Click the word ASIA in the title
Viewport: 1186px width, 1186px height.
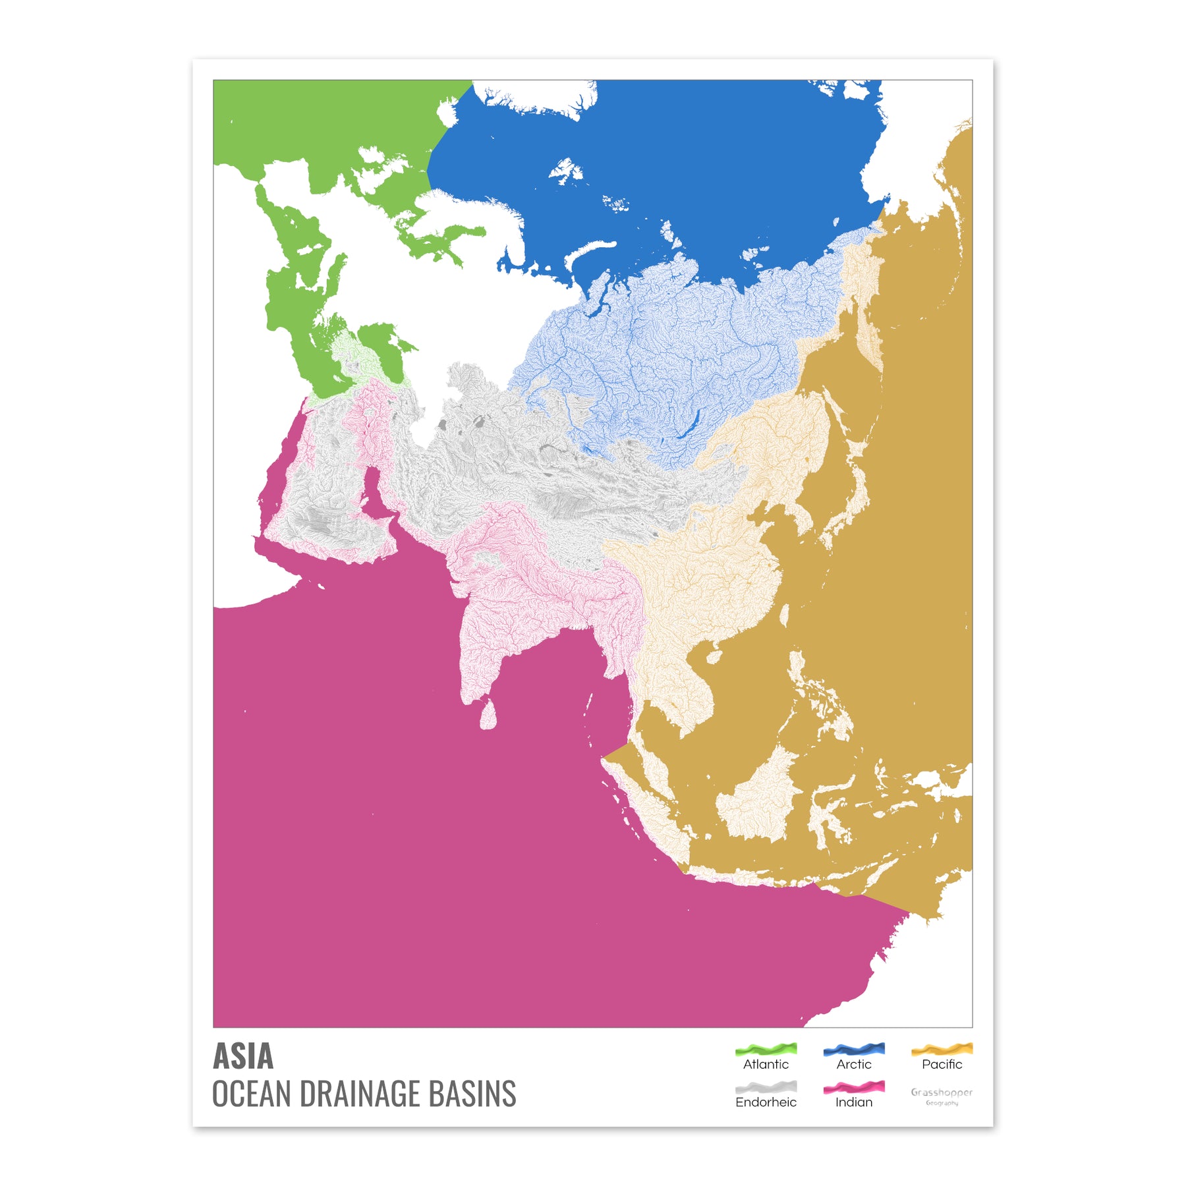[x=242, y=1057]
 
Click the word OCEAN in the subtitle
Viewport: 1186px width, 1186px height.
[x=251, y=1094]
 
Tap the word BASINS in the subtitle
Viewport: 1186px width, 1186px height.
[x=472, y=1094]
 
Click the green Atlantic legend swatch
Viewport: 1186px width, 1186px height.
[x=766, y=1048]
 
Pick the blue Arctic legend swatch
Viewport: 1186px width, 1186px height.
[x=854, y=1048]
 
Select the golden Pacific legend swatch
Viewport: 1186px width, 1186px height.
[x=942, y=1048]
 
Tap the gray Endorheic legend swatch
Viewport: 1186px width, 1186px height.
[x=766, y=1087]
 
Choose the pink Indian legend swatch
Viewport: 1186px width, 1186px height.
[x=854, y=1087]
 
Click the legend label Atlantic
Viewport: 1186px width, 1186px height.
[x=766, y=1064]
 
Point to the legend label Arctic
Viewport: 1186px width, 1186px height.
[x=854, y=1064]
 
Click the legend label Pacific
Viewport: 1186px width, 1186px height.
[x=942, y=1064]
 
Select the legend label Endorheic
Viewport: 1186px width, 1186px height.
[x=766, y=1102]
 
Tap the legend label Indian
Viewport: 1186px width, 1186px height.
[x=854, y=1102]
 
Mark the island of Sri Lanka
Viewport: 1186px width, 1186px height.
[x=488, y=715]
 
